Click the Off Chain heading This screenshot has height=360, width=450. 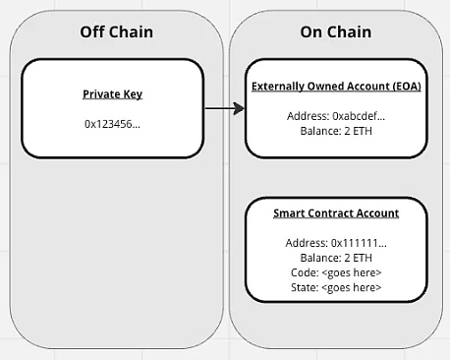[117, 32]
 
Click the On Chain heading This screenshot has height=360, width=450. [336, 32]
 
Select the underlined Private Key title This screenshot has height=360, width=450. [112, 94]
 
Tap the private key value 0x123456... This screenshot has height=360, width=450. [112, 124]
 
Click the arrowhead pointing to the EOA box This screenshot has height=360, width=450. [239, 108]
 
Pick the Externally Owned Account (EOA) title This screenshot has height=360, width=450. [336, 87]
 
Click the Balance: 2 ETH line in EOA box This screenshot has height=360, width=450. [336, 131]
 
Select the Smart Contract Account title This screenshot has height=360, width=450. [336, 213]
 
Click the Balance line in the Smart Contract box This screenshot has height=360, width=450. [336, 258]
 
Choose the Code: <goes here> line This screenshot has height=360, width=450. [336, 272]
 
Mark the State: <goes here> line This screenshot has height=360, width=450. [336, 287]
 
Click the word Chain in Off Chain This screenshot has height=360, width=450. [131, 32]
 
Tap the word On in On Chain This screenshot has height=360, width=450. [310, 32]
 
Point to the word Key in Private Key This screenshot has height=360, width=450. [133, 94]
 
